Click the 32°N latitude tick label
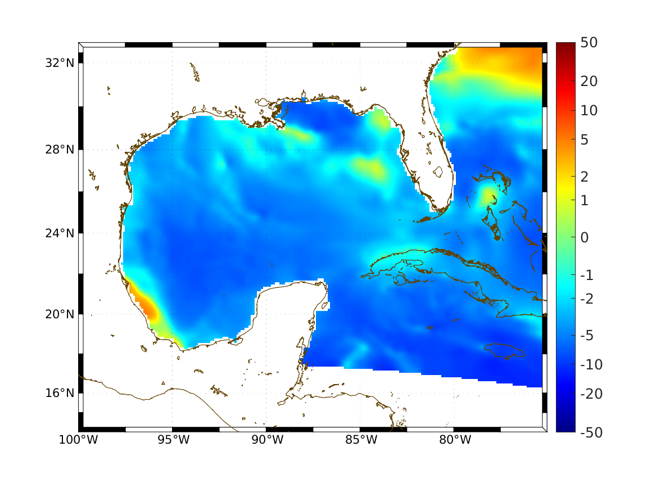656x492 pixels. pyautogui.click(x=60, y=62)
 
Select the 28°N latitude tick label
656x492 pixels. pyautogui.click(x=60, y=150)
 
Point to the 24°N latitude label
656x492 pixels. pyautogui.click(x=60, y=233)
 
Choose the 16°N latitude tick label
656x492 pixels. pyautogui.click(x=60, y=392)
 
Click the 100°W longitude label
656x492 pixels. pyautogui.click(x=78, y=440)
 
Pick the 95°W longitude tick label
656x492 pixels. pyautogui.click(x=173, y=440)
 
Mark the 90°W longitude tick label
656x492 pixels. pyautogui.click(x=267, y=440)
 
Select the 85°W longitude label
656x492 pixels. pyautogui.click(x=361, y=440)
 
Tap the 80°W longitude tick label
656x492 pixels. pyautogui.click(x=455, y=440)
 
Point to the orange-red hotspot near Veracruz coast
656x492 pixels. pyautogui.click(x=147, y=306)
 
